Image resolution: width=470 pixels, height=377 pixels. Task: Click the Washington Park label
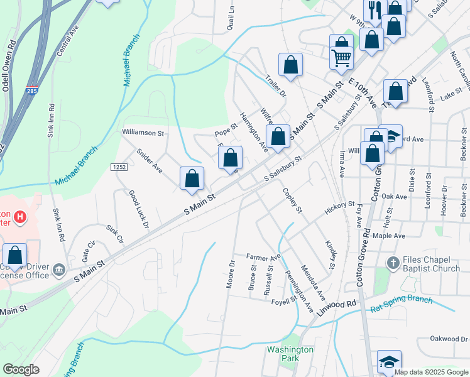(290, 354)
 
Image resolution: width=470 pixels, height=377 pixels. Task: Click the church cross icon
(393, 263)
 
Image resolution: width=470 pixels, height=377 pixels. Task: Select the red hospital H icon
(21, 217)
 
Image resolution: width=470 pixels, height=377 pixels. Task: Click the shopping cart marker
(341, 58)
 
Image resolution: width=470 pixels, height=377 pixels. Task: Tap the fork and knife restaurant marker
(375, 9)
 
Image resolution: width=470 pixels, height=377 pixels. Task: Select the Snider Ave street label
(149, 161)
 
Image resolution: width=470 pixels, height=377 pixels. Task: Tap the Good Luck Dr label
(138, 209)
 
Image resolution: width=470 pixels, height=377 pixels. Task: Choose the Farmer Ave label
(263, 258)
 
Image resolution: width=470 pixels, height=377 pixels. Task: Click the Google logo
(20, 369)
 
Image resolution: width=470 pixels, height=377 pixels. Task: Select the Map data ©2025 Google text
(432, 372)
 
